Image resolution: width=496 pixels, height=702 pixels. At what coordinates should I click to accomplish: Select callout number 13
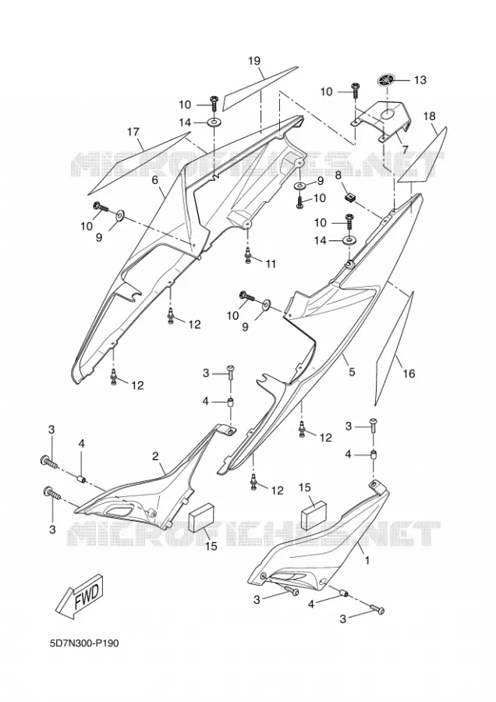click(x=420, y=80)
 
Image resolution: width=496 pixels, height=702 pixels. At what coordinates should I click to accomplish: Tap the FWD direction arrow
click(x=82, y=594)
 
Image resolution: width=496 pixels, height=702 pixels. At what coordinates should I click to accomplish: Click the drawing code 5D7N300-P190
click(x=84, y=643)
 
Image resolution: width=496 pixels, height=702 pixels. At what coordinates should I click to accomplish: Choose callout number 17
click(x=133, y=132)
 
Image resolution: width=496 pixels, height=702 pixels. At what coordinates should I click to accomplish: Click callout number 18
click(x=429, y=116)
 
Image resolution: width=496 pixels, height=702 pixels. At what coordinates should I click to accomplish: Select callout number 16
click(x=409, y=373)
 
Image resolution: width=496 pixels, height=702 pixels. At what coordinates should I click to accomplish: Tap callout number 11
click(x=271, y=264)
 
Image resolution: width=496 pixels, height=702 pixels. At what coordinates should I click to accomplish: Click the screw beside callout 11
click(x=247, y=256)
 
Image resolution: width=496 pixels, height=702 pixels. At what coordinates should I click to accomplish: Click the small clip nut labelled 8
click(x=350, y=197)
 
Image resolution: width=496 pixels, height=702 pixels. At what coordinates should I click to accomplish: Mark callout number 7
click(x=404, y=150)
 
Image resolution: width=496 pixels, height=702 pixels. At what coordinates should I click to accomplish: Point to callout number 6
click(x=155, y=180)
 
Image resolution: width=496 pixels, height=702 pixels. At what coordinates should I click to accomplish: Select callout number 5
click(x=352, y=371)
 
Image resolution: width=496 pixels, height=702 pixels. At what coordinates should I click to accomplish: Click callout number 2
click(x=155, y=456)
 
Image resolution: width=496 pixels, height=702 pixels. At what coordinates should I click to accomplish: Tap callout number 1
click(x=367, y=559)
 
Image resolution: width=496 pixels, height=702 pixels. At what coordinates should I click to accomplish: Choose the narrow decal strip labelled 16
click(x=392, y=347)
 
